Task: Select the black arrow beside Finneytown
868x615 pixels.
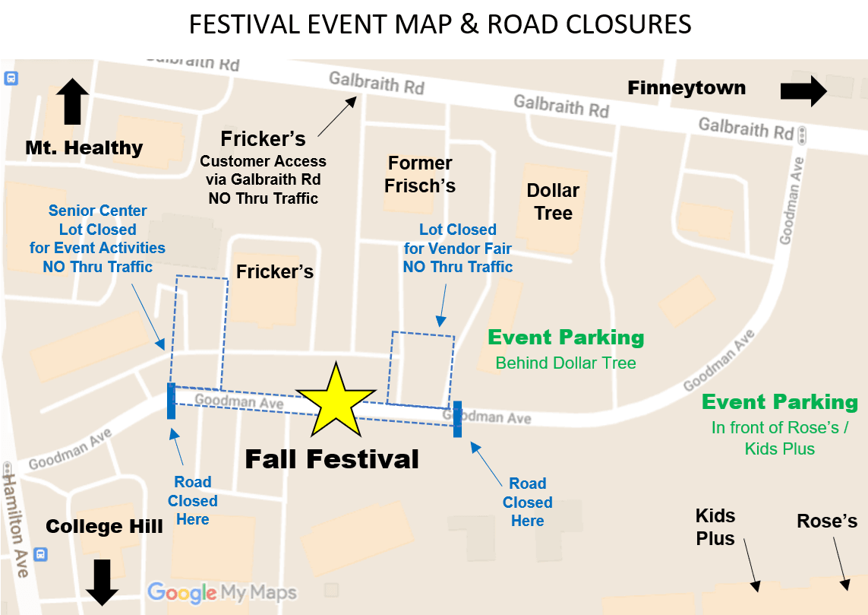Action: click(x=803, y=91)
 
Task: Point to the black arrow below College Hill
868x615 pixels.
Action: click(x=102, y=582)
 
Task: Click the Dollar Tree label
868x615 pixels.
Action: click(x=553, y=201)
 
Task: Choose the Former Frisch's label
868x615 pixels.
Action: click(x=419, y=174)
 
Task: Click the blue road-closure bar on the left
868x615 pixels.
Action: click(x=171, y=401)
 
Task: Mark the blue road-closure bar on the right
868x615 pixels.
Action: click(x=458, y=419)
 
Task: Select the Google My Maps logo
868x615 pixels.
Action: click(x=222, y=592)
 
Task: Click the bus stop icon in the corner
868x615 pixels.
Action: click(x=11, y=78)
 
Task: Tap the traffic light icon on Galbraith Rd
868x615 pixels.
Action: click(x=803, y=135)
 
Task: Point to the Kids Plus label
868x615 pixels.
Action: click(x=715, y=527)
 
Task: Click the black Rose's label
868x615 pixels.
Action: click(x=826, y=521)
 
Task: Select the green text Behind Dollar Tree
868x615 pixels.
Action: click(x=566, y=363)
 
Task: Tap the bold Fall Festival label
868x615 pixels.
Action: click(x=332, y=459)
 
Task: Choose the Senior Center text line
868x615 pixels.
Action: click(x=98, y=211)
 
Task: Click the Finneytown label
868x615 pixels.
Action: click(x=686, y=88)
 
